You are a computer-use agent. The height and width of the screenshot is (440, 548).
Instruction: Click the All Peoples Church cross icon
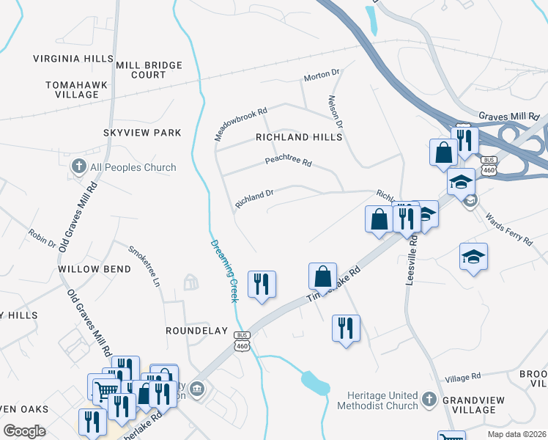pos(79,167)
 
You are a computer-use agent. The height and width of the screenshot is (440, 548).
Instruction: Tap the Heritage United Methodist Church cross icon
pos(429,400)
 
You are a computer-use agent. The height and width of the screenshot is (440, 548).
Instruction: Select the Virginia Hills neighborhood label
pos(73,58)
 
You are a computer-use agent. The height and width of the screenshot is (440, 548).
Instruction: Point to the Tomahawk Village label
pos(76,89)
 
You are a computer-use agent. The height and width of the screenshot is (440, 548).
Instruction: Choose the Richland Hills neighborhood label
pos(299,137)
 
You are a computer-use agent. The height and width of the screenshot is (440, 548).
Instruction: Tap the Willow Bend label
pos(95,269)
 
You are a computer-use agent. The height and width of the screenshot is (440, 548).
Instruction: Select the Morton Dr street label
pos(322,74)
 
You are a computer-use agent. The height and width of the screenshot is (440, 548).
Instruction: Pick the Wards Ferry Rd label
pos(508,218)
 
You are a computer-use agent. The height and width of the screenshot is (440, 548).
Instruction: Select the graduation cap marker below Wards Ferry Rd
pos(474,257)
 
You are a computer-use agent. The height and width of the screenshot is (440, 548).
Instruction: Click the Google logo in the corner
pos(25,430)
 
